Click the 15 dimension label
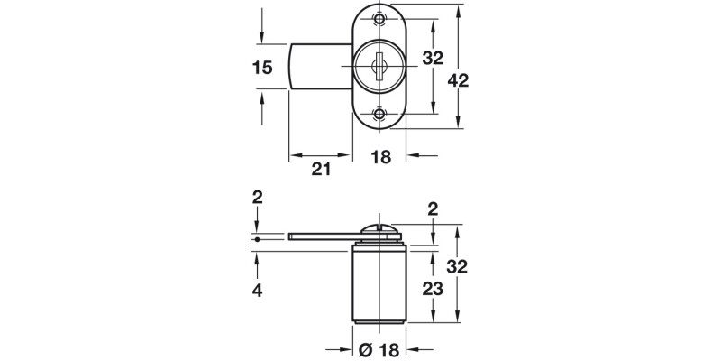coord(262,67)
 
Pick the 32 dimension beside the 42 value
coord(434,59)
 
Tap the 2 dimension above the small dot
coord(258,197)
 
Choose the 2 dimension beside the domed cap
coord(434,209)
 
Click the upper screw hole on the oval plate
coord(379,19)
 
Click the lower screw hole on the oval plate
coord(379,115)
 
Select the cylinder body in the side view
coord(379,284)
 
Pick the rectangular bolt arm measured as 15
coord(320,67)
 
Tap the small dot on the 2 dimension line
coord(258,240)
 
